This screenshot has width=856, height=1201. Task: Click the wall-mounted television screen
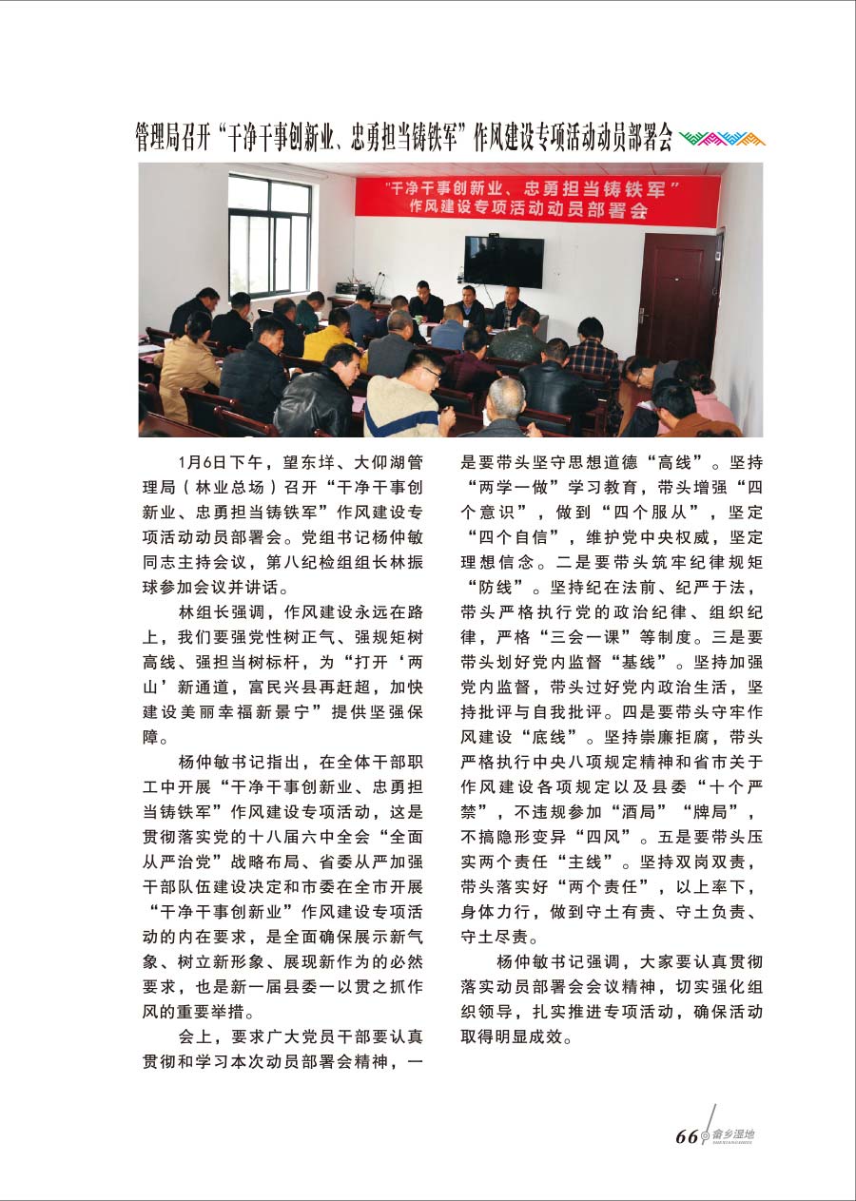click(x=503, y=262)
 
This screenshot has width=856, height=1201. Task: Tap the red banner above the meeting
click(x=536, y=197)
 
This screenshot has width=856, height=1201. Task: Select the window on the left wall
click(x=269, y=235)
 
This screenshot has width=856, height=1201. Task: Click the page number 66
click(x=687, y=1138)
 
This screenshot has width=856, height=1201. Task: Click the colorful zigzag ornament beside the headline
click(x=723, y=139)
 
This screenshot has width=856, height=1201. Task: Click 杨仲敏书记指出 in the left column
click(x=234, y=761)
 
